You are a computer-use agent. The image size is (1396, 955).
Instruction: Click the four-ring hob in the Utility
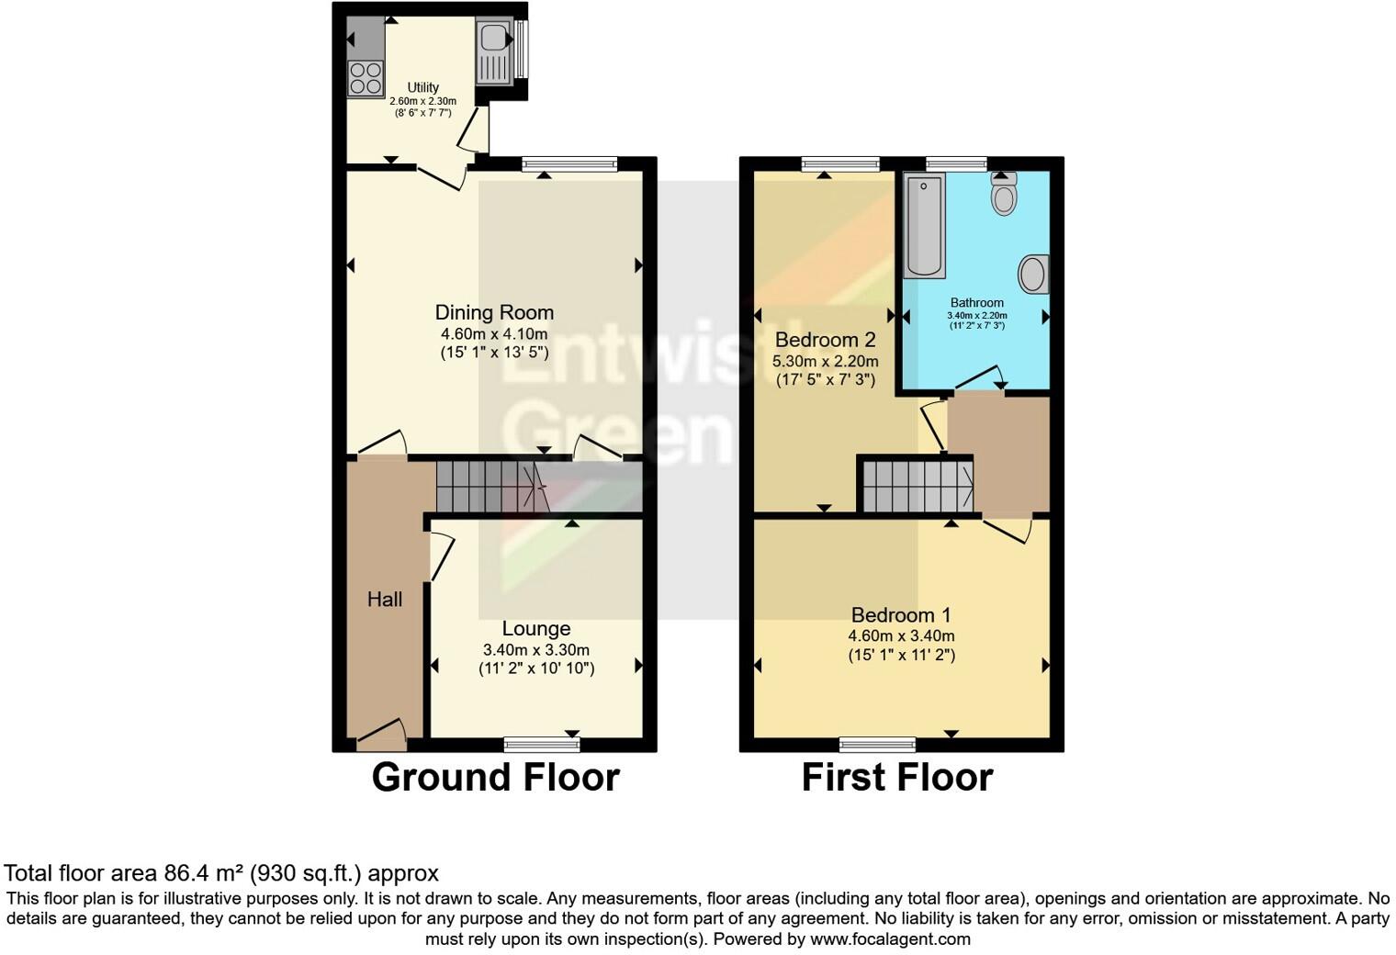[x=366, y=78]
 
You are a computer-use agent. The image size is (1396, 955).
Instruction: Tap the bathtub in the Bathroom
[x=925, y=225]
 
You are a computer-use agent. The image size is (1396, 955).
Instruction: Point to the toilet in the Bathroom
[x=1004, y=196]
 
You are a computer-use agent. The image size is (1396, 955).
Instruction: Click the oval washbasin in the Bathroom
[x=1033, y=275]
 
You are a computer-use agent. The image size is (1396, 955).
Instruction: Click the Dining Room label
[x=494, y=312]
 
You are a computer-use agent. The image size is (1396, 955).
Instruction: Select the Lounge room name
[x=536, y=629]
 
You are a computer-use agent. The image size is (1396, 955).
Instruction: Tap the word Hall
[x=385, y=600]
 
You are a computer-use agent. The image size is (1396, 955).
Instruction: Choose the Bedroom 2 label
[x=825, y=340]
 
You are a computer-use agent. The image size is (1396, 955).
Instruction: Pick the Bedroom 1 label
[x=901, y=615]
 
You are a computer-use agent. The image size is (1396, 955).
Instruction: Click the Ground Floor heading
[x=495, y=777]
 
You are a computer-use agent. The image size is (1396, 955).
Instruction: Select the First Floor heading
[x=897, y=777]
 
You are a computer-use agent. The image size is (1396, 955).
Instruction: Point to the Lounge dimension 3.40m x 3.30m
[x=536, y=650]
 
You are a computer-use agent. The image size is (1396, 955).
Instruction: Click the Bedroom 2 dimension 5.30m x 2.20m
[x=825, y=361]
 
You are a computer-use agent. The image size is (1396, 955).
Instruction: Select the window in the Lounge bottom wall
[x=535, y=743]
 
